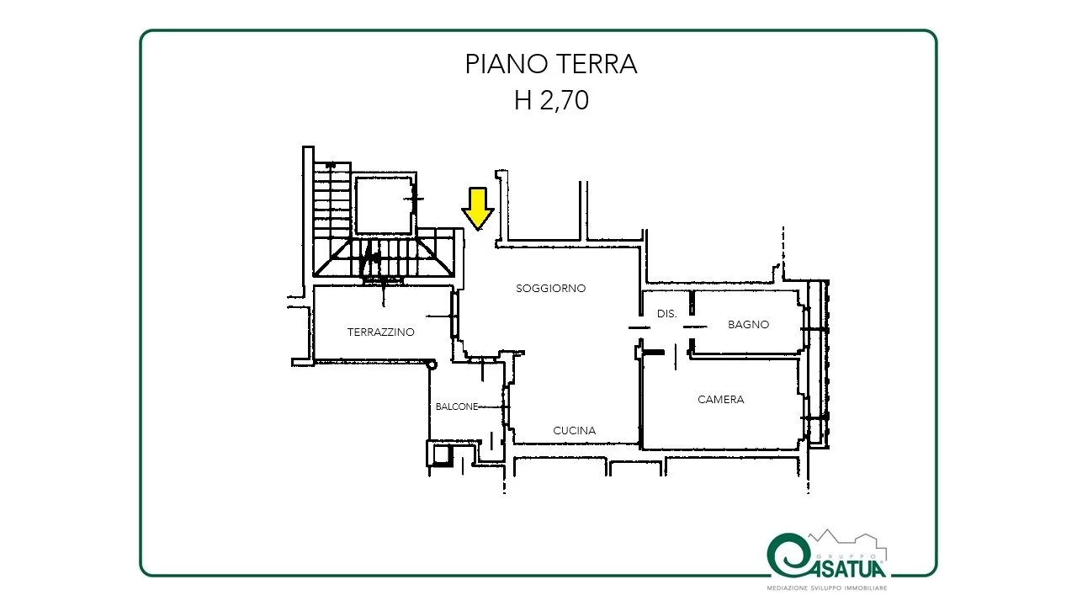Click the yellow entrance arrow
coord(477,209)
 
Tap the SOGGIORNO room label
coord(550,289)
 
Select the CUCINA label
coord(574,430)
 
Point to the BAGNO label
coord(748,325)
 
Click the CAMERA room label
coord(721,399)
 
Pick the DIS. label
coord(667,314)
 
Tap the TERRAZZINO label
coord(381,332)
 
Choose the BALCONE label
coord(457,407)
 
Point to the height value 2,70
coord(564,101)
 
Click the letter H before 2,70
coord(523,100)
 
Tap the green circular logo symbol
coord(787,555)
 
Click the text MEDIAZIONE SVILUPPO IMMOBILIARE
coord(826,587)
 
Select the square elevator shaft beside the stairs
coord(384,205)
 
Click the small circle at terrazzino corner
coord(432,364)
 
